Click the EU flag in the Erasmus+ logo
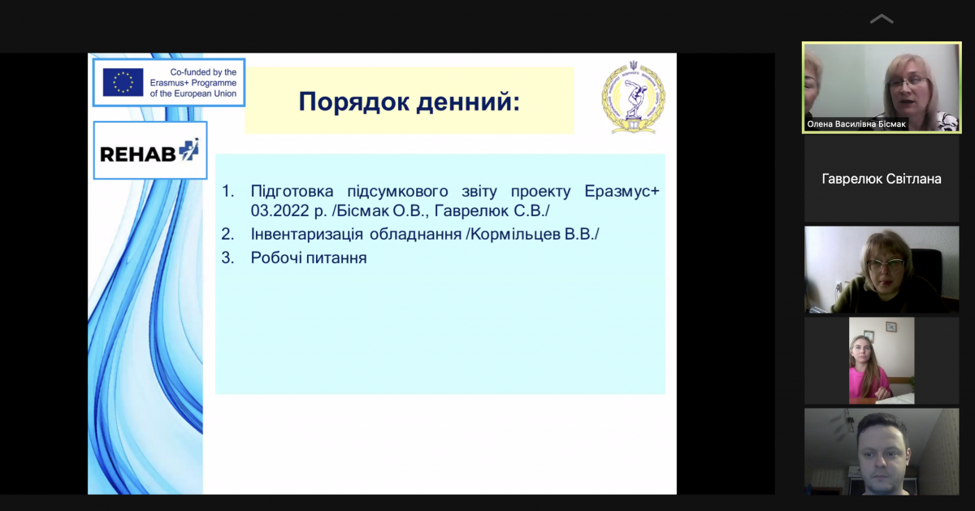(x=123, y=82)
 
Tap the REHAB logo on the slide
(x=150, y=150)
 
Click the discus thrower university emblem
(x=633, y=97)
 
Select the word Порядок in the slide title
(x=354, y=102)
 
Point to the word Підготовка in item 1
(x=292, y=191)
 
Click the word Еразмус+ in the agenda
(x=622, y=191)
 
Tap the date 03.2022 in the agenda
(x=279, y=210)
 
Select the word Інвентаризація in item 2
(x=306, y=234)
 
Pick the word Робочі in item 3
(x=276, y=258)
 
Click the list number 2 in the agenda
(x=227, y=234)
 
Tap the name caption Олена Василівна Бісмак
(x=856, y=124)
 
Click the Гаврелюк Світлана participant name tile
(x=882, y=179)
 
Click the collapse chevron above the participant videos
(x=882, y=19)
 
